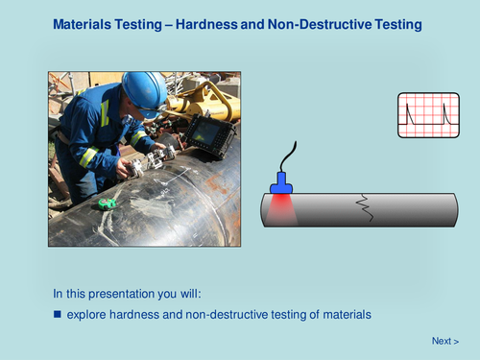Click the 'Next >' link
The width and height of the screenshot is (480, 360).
(x=444, y=341)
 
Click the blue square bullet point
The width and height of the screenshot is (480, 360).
(x=57, y=314)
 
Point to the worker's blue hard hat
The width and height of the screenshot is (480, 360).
(x=144, y=89)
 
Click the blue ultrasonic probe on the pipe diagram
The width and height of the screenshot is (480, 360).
(x=280, y=181)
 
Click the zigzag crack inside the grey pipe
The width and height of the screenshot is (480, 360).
(x=363, y=205)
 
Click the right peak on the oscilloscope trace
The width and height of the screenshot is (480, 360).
(x=445, y=113)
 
